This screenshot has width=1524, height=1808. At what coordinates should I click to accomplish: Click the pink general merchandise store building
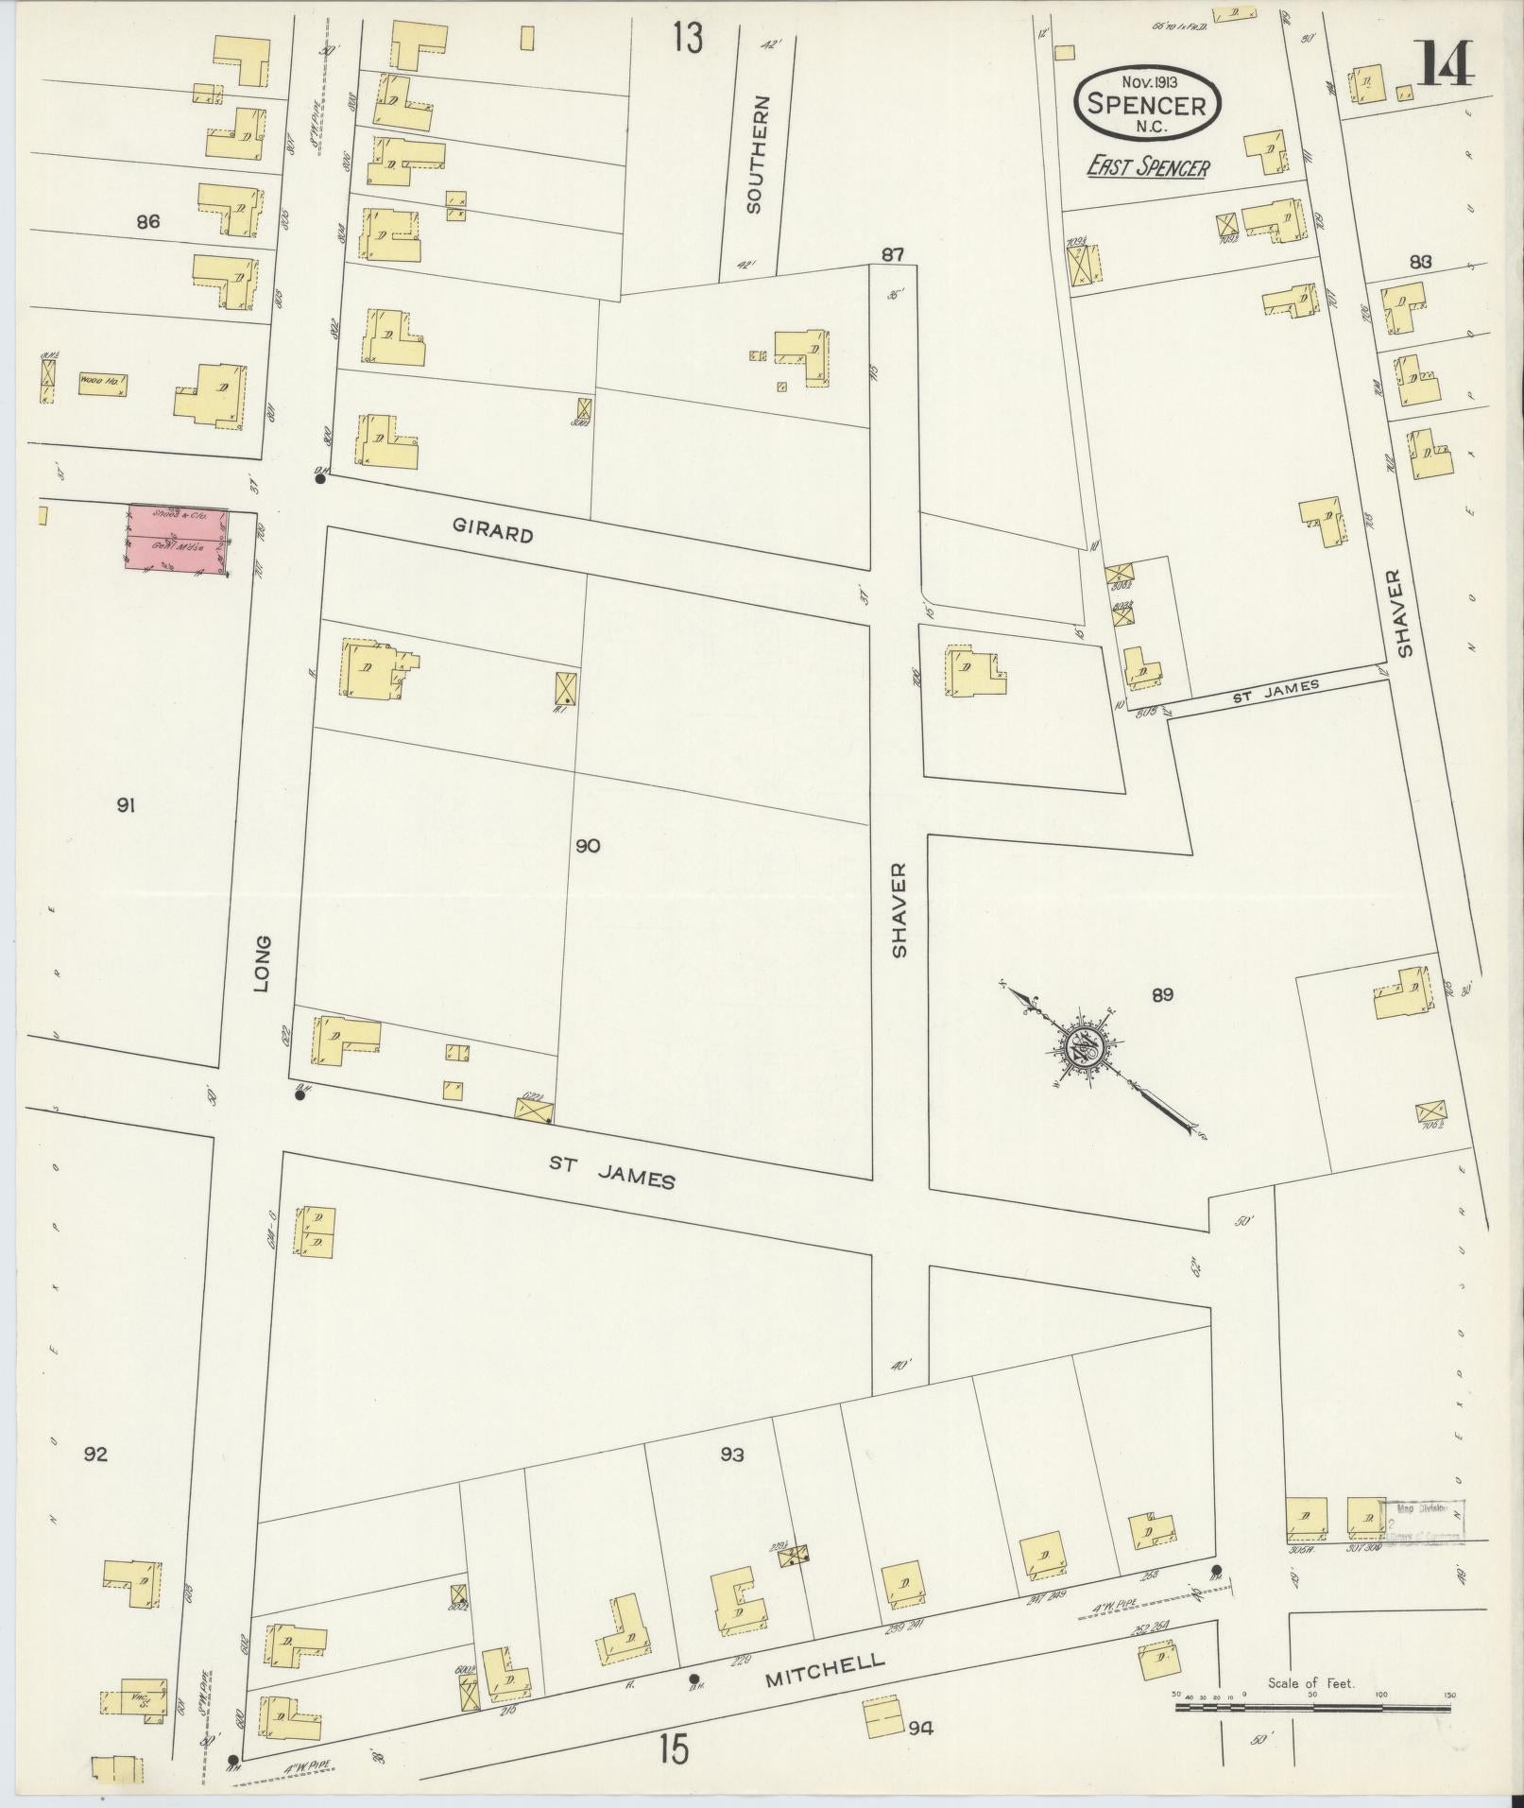[x=177, y=540]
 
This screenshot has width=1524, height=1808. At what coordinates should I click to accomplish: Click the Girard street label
[x=492, y=534]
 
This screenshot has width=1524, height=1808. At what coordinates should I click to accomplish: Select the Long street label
[x=262, y=963]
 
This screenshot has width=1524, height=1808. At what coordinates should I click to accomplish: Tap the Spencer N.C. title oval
[x=1147, y=105]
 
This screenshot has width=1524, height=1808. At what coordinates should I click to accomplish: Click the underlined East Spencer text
[x=1147, y=168]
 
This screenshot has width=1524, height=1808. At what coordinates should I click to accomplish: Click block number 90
[x=588, y=846]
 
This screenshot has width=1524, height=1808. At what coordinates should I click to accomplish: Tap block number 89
[x=1161, y=994]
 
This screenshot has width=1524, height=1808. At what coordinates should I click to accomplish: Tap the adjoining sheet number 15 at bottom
[x=674, y=1750]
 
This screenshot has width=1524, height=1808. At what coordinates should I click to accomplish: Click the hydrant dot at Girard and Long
[x=320, y=479]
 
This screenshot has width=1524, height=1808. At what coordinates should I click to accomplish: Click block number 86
[x=147, y=223]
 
